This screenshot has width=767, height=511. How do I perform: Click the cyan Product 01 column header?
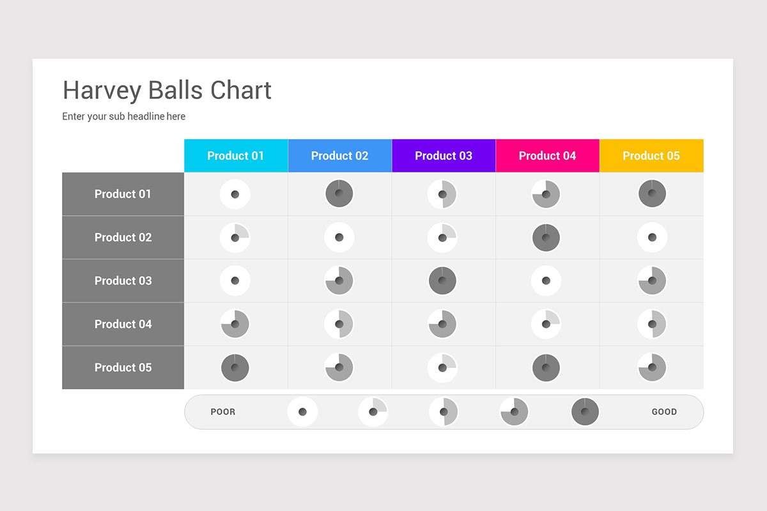point(235,156)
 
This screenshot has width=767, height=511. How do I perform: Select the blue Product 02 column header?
point(339,156)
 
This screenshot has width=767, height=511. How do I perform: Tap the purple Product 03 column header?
point(444,156)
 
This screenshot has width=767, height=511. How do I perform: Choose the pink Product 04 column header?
point(547,156)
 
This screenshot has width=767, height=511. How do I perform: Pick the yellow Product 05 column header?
point(651,156)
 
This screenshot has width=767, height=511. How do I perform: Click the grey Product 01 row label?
point(123,194)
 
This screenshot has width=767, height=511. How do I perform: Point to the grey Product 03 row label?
point(123,281)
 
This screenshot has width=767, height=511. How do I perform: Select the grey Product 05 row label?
point(123,368)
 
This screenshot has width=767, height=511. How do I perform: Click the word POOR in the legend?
point(223,412)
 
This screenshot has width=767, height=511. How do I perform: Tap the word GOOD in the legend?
point(664,412)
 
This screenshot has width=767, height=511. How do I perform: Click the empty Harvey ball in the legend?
point(302,412)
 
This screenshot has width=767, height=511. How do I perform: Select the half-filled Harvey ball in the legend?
point(444,412)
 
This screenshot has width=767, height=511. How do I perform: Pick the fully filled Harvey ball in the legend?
point(585,412)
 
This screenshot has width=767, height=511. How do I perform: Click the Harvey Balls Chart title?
point(167,90)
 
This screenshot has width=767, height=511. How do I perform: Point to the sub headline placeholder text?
point(123,116)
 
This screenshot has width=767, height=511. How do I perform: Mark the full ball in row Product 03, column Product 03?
point(442,281)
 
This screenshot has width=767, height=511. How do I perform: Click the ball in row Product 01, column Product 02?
point(339,194)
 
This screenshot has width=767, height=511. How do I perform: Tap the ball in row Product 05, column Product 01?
point(235,368)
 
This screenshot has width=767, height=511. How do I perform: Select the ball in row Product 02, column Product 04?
point(546,238)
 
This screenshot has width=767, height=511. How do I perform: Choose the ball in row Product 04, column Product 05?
point(652,324)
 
